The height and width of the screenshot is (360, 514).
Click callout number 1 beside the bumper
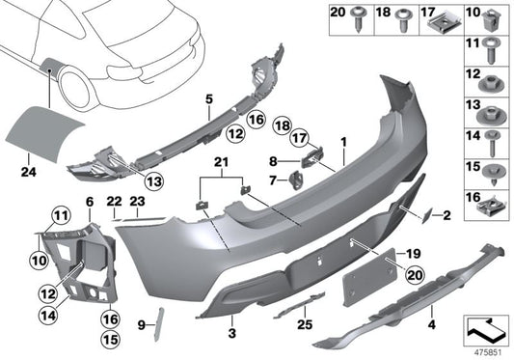click(341, 141)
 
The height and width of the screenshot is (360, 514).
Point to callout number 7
click(273, 179)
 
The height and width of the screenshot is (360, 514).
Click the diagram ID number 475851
click(486, 353)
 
